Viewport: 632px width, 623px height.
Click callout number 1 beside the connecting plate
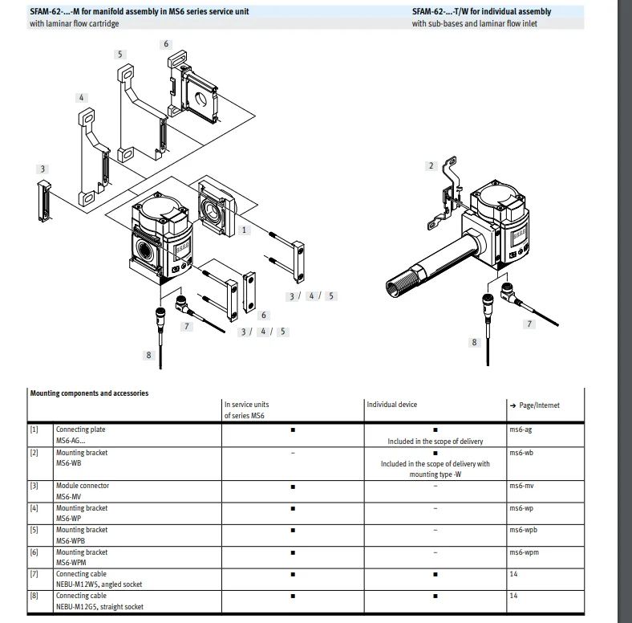pyautogui.click(x=245, y=230)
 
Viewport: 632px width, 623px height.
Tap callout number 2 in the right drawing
pyautogui.click(x=431, y=165)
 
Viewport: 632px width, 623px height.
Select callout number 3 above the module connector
pyautogui.click(x=43, y=169)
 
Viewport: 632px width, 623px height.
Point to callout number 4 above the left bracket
pyautogui.click(x=81, y=97)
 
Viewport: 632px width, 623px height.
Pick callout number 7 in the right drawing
pyautogui.click(x=529, y=324)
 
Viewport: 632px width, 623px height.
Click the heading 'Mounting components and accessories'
pyautogui.click(x=89, y=393)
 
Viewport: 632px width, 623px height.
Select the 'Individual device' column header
pyautogui.click(x=392, y=405)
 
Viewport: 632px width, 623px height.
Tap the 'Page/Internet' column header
pyautogui.click(x=534, y=405)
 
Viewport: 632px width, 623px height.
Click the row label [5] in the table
pyautogui.click(x=34, y=530)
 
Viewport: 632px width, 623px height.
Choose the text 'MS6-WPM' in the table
pyautogui.click(x=71, y=563)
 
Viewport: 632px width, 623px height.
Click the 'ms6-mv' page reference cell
pyautogui.click(x=522, y=486)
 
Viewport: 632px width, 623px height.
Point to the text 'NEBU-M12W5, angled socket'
pyautogui.click(x=99, y=584)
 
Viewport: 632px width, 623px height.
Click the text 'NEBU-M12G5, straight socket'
pyautogui.click(x=100, y=607)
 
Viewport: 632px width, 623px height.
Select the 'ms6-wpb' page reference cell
pyautogui.click(x=524, y=530)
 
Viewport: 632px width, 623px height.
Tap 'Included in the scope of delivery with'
pyautogui.click(x=435, y=463)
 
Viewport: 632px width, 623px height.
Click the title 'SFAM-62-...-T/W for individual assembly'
pyautogui.click(x=481, y=12)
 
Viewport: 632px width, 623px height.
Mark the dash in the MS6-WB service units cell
pyautogui.click(x=293, y=453)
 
